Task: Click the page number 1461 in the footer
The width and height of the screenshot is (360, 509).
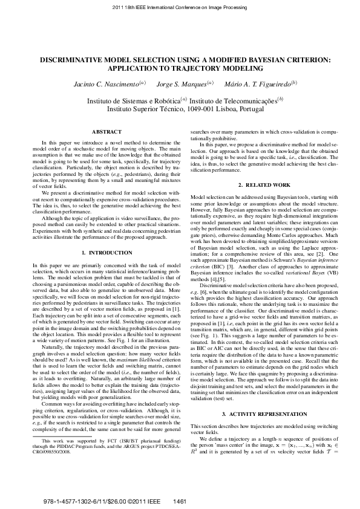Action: click(180, 501)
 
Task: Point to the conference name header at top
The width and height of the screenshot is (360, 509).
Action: click(180, 8)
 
